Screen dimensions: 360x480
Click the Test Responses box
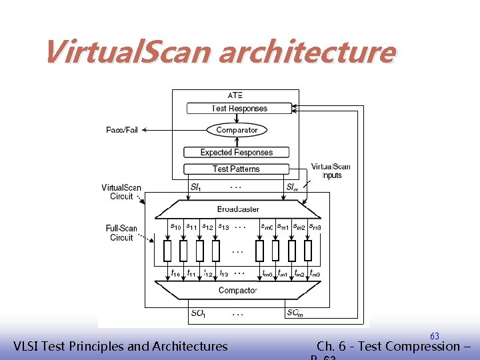(239, 108)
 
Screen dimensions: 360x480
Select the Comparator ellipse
(237, 130)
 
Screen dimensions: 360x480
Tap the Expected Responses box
(237, 152)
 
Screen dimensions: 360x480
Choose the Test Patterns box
(236, 169)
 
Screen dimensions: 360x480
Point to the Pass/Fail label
(122, 130)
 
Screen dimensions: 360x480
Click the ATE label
(235, 95)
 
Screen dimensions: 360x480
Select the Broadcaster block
(238, 209)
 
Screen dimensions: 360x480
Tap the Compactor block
(237, 290)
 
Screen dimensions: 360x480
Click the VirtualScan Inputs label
(331, 171)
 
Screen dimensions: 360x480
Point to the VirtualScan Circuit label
(121, 192)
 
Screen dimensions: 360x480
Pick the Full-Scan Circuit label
(121, 233)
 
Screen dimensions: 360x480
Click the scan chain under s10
(167, 251)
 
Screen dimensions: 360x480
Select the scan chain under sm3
(308, 251)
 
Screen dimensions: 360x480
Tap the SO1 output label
(198, 313)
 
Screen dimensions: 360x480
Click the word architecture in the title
(307, 52)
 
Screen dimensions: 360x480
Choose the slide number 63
(434, 335)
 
